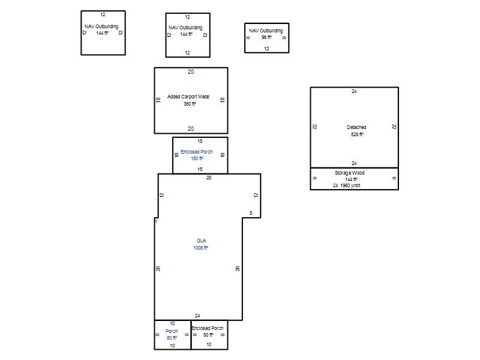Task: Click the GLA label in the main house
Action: [x=202, y=241]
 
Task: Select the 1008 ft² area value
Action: [x=200, y=248]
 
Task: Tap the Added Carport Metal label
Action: [x=188, y=97]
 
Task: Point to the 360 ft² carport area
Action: [x=190, y=104]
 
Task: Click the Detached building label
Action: [x=356, y=127]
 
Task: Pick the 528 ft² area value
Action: [x=357, y=134]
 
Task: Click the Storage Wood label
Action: [x=350, y=173]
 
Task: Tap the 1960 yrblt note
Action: [x=350, y=185]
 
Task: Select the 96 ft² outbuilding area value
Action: [x=266, y=37]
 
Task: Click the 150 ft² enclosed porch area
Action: [x=197, y=158]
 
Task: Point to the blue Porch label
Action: [x=172, y=331]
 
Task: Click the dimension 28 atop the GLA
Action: [x=209, y=178]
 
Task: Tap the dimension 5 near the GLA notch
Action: [x=251, y=213]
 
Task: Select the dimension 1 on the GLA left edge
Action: [x=156, y=221]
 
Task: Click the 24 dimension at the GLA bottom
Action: [x=197, y=316]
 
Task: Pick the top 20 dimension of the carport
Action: [x=191, y=72]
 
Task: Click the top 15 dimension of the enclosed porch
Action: [x=200, y=141]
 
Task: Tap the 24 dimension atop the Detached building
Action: [x=354, y=91]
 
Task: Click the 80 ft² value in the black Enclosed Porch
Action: [x=208, y=335]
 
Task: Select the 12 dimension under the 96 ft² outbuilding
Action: [x=266, y=49]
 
